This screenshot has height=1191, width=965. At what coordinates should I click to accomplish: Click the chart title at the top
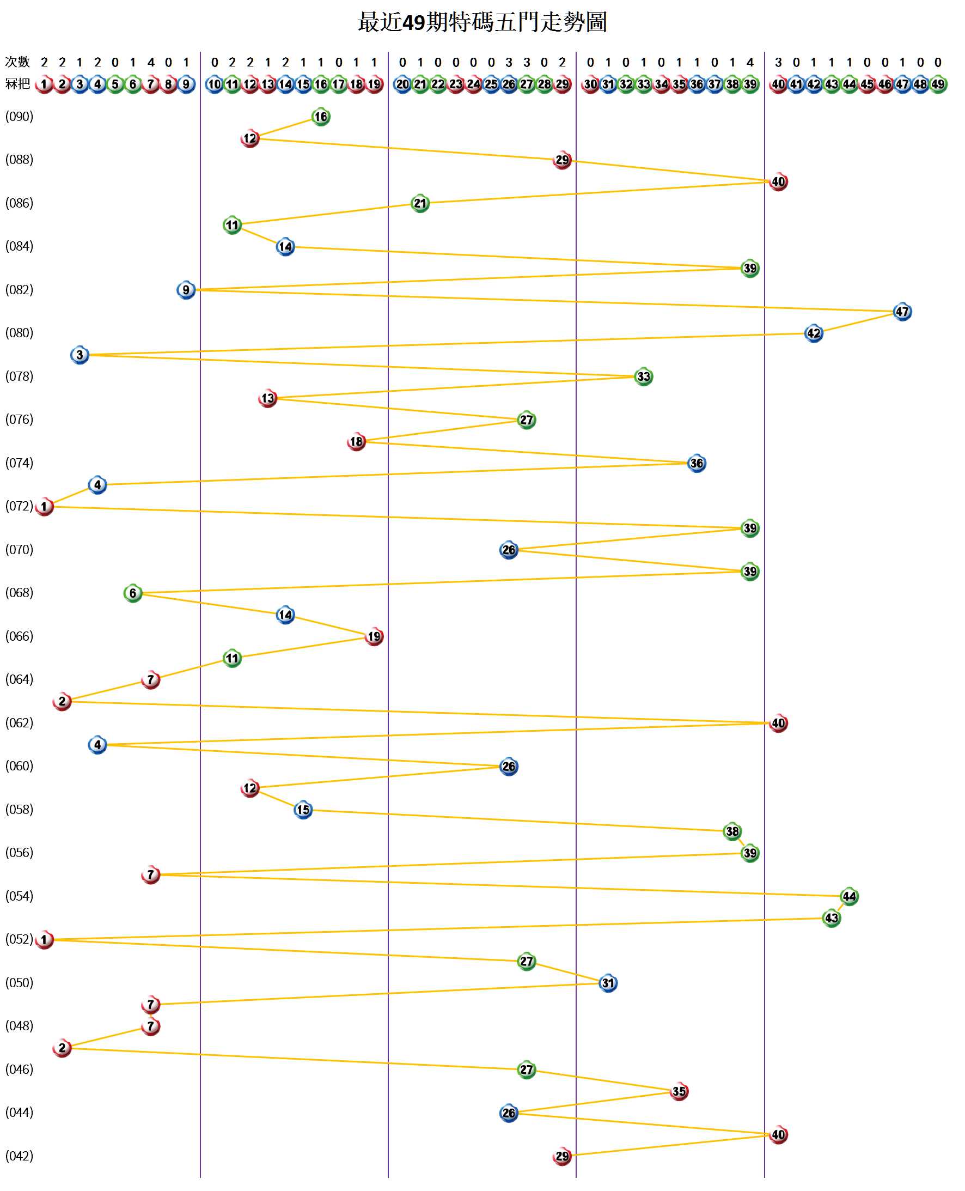pos(482,23)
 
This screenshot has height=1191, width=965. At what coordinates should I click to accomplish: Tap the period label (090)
pos(20,116)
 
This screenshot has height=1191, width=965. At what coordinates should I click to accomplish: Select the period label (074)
pos(20,463)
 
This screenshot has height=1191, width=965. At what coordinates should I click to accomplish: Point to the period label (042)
pos(20,1156)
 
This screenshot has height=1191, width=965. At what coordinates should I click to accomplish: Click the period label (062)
pos(20,722)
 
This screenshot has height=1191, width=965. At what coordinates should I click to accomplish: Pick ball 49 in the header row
pos(938,84)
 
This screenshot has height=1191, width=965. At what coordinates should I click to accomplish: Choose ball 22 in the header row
pos(438,84)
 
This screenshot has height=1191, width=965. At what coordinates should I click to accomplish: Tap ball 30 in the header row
pos(590,84)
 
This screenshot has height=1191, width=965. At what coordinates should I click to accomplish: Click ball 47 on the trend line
pos(902,312)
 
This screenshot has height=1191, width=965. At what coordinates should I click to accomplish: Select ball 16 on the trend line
pos(321,117)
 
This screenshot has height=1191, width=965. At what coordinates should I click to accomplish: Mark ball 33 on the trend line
pos(643,376)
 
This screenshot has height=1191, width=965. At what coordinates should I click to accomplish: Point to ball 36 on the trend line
pos(697,463)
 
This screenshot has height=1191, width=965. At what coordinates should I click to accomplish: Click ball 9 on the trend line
pos(186,290)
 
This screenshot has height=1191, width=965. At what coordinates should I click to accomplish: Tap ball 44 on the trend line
pos(849,896)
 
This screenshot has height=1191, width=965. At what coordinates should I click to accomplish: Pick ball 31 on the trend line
pos(608,982)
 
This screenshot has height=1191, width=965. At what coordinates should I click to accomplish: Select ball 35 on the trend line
pos(679,1091)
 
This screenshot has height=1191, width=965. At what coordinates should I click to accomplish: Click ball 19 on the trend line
pos(374,636)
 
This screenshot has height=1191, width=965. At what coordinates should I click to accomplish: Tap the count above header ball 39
pos(750,62)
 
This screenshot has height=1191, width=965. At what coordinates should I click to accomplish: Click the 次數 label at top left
pos(17,62)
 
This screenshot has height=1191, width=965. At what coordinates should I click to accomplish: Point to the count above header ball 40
pos(778,62)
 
